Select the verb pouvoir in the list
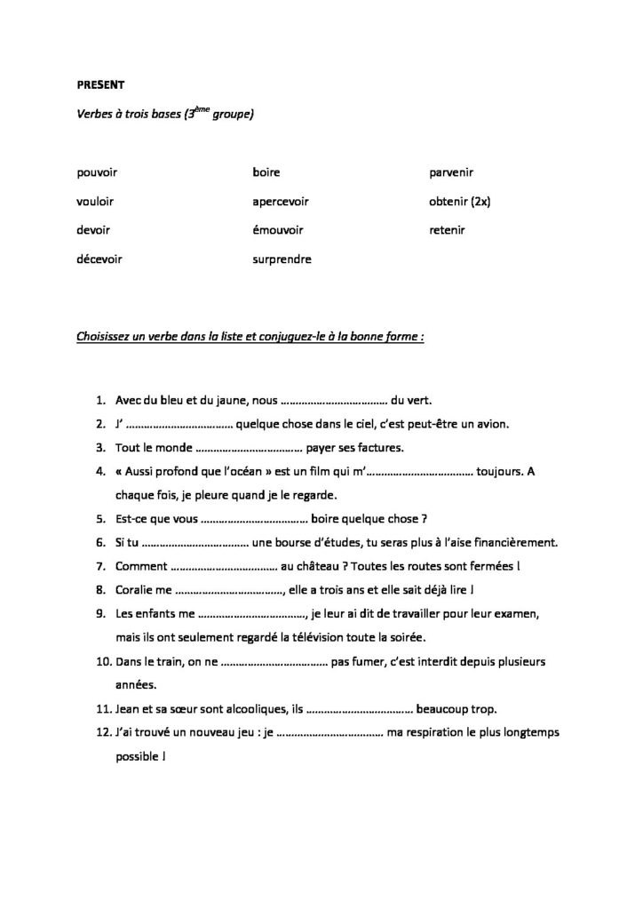click(98, 172)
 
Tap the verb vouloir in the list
click(96, 201)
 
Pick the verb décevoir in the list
click(99, 259)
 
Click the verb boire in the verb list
click(266, 172)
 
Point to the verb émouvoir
click(278, 230)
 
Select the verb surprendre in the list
click(282, 259)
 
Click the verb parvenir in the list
click(452, 172)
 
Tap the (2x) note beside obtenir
click(480, 201)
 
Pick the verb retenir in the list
click(447, 230)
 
